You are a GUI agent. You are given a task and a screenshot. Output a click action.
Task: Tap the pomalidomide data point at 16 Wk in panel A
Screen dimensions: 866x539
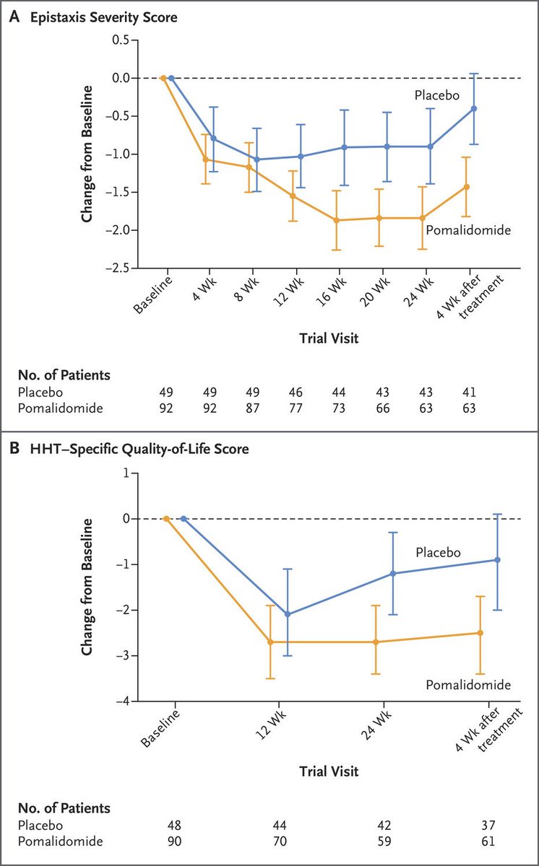tap(336, 220)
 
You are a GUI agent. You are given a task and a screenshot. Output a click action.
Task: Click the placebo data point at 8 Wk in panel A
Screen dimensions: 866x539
tap(257, 159)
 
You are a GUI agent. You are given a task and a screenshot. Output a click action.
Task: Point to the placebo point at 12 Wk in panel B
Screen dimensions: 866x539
tap(288, 614)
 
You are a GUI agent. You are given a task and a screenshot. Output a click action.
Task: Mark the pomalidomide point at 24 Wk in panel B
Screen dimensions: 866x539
tap(376, 642)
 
